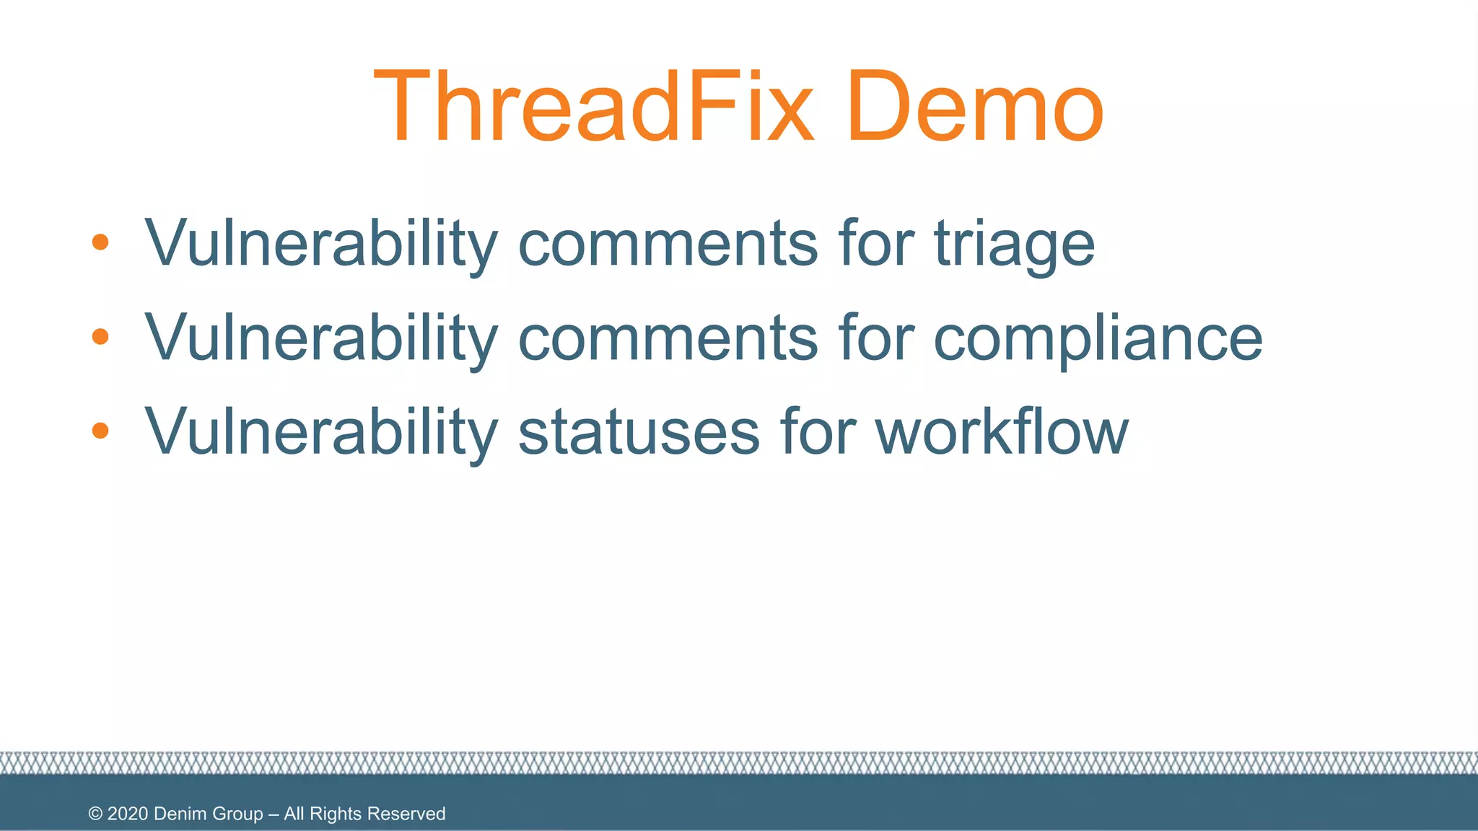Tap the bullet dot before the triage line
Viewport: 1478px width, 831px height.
point(100,242)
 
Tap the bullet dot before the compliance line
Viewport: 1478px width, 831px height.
point(100,336)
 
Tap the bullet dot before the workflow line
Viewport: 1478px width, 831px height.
point(100,431)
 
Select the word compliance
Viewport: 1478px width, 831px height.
point(1098,339)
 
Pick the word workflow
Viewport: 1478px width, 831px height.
point(1002,432)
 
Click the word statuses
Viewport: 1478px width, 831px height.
point(639,432)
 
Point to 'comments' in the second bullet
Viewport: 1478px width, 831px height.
point(668,339)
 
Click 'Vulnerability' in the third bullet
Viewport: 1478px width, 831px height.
point(321,433)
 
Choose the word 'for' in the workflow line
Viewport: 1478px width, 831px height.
point(818,432)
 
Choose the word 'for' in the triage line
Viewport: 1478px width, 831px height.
point(876,244)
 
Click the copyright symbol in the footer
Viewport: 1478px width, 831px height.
point(95,814)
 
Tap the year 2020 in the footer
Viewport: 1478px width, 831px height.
point(128,814)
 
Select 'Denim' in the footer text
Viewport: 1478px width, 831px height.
point(179,814)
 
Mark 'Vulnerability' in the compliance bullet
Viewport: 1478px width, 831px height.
point(321,339)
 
